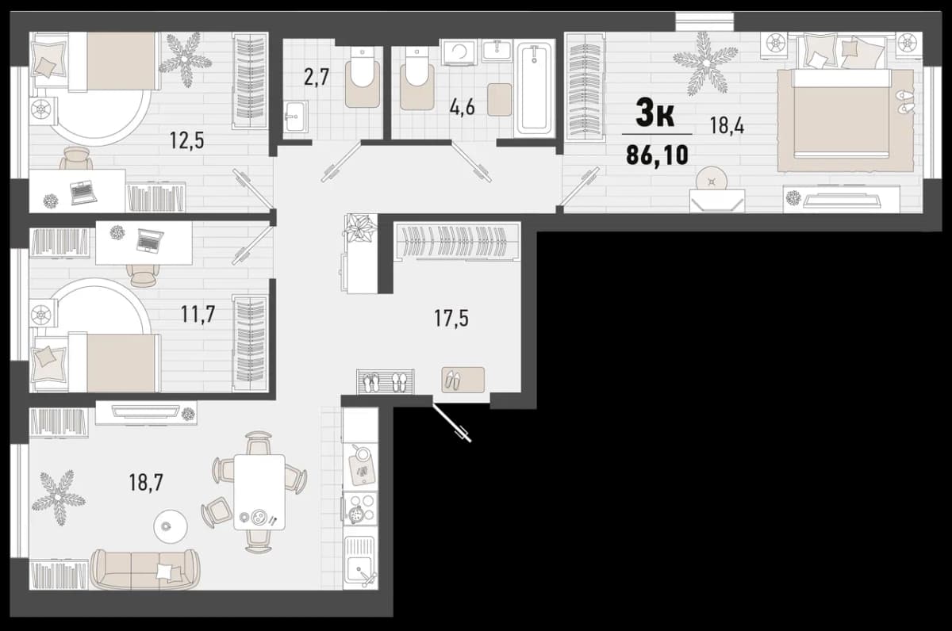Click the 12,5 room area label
[x=187, y=140]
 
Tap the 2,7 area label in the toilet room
[x=317, y=77]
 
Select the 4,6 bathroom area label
[x=462, y=108]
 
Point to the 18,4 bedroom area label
[x=727, y=126]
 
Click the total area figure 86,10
[x=657, y=155]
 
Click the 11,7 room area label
[x=198, y=315]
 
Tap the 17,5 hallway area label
[x=451, y=319]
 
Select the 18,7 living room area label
[x=146, y=483]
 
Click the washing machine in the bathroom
[x=459, y=52]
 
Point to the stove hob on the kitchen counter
[x=360, y=508]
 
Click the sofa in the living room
[x=144, y=568]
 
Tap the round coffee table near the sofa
[x=170, y=526]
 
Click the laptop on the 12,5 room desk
[x=84, y=192]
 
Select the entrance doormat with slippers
[x=463, y=380]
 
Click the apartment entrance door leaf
[x=451, y=423]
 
